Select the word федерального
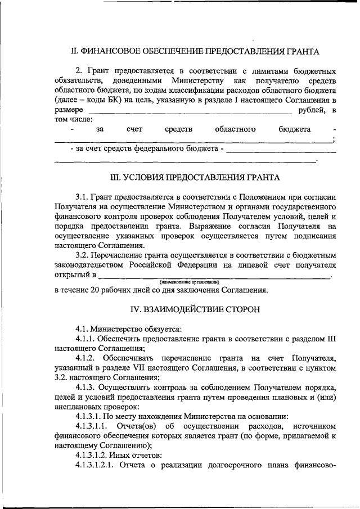point(161,149)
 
